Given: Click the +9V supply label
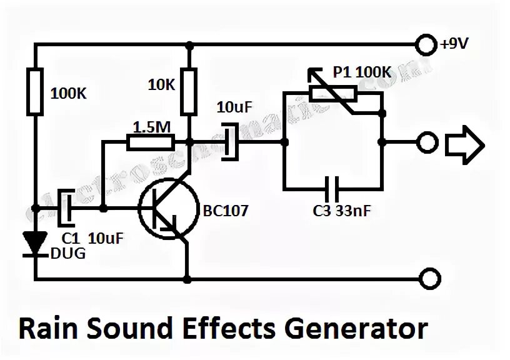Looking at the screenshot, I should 454,44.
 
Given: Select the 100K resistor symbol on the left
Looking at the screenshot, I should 36,92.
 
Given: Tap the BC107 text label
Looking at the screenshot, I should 226,211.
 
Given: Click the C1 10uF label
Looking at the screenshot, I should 88,238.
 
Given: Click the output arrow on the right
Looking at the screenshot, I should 464,143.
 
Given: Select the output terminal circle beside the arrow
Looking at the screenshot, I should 426,143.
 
